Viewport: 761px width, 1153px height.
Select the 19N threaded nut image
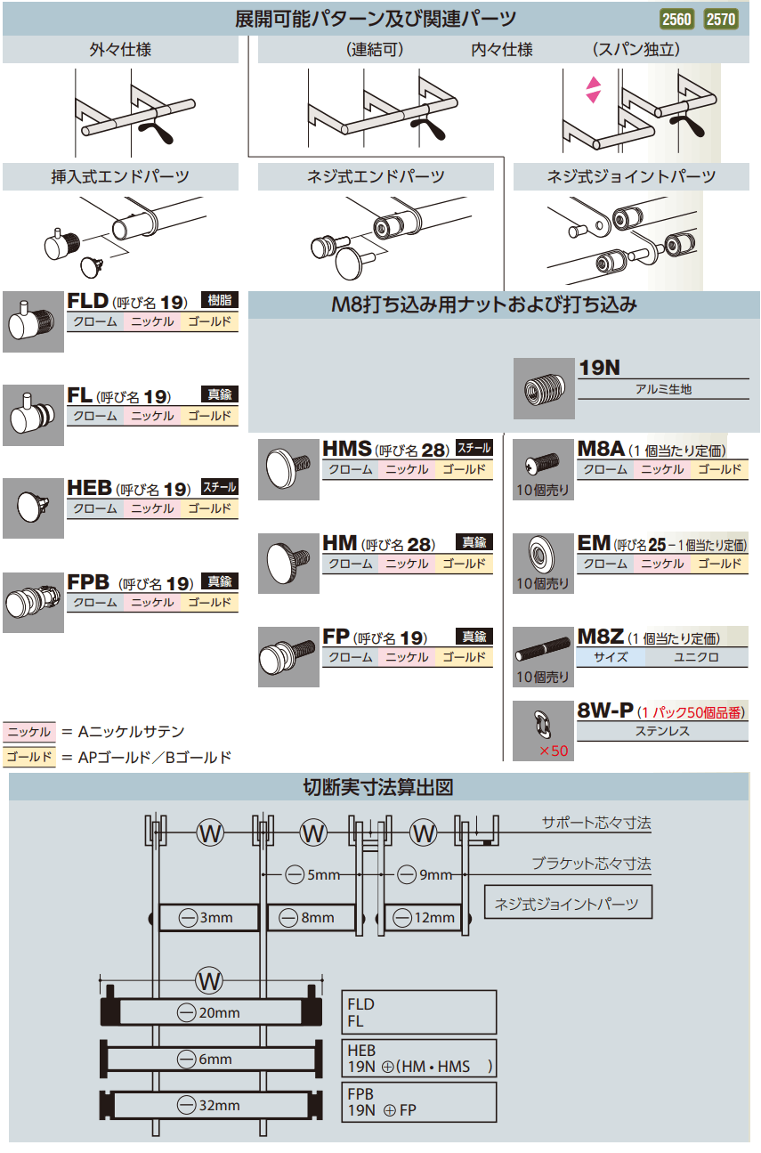(x=544, y=388)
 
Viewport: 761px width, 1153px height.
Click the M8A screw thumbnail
(x=544, y=463)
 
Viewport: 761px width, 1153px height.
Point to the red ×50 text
(x=553, y=751)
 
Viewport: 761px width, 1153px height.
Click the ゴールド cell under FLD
(x=210, y=322)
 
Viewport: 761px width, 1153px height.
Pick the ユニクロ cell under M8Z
(x=697, y=658)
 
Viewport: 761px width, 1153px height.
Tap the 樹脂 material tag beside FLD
(x=219, y=300)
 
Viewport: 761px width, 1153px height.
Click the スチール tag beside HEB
(x=219, y=488)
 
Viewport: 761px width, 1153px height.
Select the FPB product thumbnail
(x=33, y=602)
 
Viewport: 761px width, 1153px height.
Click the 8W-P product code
(x=605, y=710)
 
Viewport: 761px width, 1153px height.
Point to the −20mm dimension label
(x=209, y=1012)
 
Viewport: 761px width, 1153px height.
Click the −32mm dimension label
(x=209, y=1105)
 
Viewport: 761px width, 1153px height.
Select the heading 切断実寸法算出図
(x=379, y=787)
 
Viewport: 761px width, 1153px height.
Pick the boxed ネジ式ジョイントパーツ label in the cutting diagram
(x=567, y=904)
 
